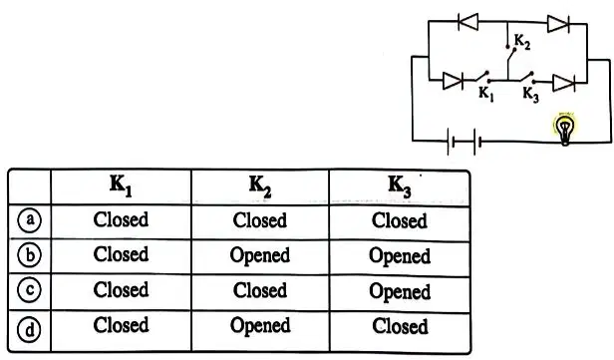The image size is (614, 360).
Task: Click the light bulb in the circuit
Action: click(564, 129)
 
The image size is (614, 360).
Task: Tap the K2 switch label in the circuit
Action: click(522, 42)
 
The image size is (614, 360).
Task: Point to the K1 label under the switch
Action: click(486, 94)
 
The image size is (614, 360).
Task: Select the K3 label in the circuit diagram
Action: click(531, 95)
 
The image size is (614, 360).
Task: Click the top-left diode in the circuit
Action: click(468, 22)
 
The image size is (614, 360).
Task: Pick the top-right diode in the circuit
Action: click(558, 24)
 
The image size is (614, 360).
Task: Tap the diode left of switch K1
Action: click(454, 81)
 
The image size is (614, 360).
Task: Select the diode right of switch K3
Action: click(563, 83)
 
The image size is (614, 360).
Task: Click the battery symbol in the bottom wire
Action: click(464, 142)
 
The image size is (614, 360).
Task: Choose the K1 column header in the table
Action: click(121, 185)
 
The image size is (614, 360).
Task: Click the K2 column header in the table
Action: click(260, 186)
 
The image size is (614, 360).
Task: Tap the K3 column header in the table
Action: click(400, 186)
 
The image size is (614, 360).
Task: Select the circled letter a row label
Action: click(30, 220)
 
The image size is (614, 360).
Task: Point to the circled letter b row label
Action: click(30, 255)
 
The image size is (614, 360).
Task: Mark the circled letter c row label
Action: click(30, 290)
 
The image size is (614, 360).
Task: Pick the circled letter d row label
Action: click(30, 330)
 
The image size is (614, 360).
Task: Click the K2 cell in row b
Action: click(260, 256)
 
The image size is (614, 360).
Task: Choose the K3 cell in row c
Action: click(400, 291)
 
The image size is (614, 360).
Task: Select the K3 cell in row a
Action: click(400, 220)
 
